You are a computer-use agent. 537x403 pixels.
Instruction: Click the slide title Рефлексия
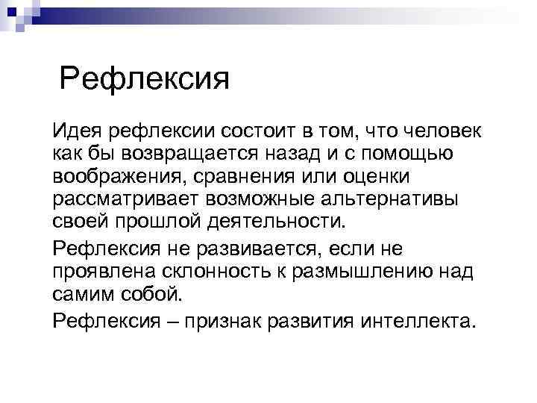coord(144,78)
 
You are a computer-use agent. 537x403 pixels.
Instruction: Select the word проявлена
coord(101,271)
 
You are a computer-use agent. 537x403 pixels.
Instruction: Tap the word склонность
coord(215,271)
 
